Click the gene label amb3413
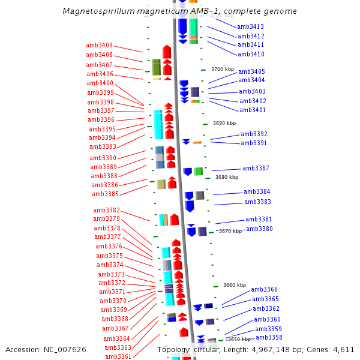[x=250, y=26]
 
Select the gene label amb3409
[x=99, y=45]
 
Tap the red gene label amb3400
[x=99, y=83]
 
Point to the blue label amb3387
[x=256, y=169]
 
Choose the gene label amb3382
[x=106, y=211]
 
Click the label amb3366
[x=265, y=289]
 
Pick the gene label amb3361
[x=118, y=356]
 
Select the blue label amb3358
[x=269, y=337]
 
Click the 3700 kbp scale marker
[x=223, y=70]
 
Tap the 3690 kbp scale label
[x=224, y=123]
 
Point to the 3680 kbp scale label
[x=227, y=177]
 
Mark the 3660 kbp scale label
[x=235, y=285]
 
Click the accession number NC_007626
[x=62, y=349]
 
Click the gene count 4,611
[x=343, y=349]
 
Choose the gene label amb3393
[x=103, y=146]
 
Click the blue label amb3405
[x=251, y=71]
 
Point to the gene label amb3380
[x=259, y=229]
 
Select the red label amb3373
[x=111, y=274]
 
